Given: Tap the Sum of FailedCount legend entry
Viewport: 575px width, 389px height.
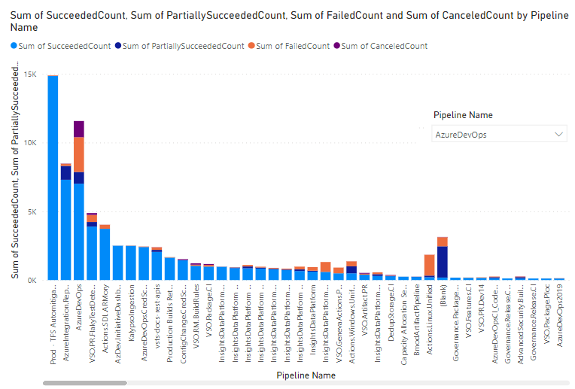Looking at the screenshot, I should pos(292,46).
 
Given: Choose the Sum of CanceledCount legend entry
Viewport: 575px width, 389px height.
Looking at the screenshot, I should pos(384,46).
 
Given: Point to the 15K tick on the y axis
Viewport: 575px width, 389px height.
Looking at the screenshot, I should pos(30,74).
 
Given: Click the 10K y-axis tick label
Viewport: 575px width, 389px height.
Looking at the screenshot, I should pos(30,143).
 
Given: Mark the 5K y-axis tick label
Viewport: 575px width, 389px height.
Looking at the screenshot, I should pos(32,211).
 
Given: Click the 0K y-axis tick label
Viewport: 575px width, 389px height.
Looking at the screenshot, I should pos(32,280).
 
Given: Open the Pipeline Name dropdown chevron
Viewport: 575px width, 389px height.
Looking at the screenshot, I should pos(558,134).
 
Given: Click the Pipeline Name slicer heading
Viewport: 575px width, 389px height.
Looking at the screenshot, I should pos(463,115).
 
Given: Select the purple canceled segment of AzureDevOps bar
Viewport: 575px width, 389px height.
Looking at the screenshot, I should pos(78,129).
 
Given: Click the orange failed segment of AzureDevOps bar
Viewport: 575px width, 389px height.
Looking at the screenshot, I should pos(78,154).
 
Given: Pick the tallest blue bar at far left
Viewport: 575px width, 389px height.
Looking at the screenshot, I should pos(53,181).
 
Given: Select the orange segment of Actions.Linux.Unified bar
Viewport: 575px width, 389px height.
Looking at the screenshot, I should pos(430,265).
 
